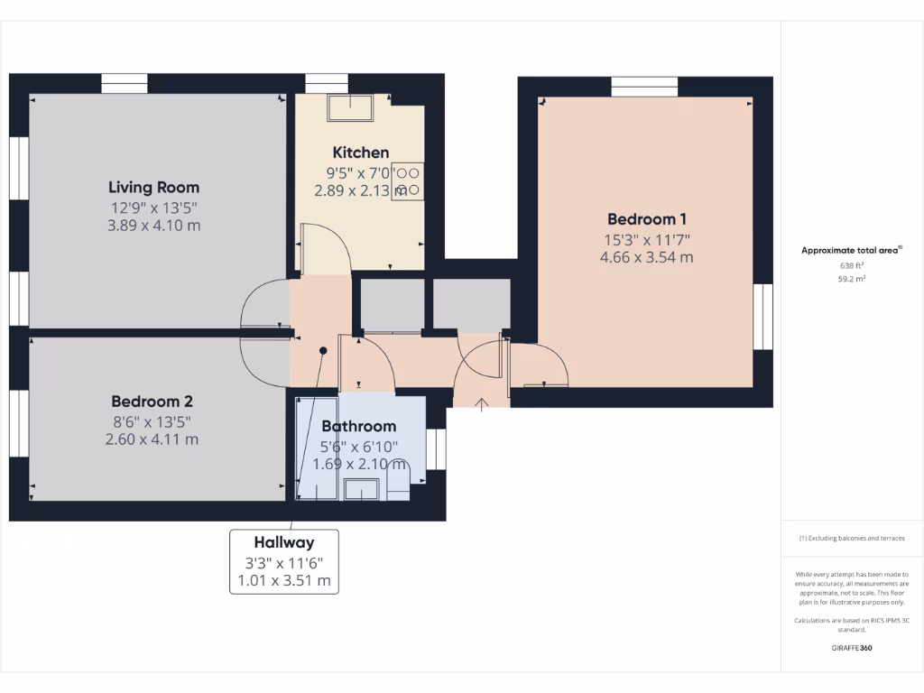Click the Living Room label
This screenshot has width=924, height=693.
click(153, 188)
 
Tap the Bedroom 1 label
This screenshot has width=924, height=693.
click(647, 218)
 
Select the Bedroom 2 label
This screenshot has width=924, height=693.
click(152, 402)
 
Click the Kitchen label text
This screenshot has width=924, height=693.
click(361, 152)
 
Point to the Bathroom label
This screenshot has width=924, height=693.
click(358, 426)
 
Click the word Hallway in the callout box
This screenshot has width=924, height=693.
click(283, 542)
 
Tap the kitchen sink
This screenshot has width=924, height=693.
click(352, 106)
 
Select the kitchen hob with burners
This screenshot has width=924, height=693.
click(407, 181)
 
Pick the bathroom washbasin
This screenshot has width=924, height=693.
click(364, 490)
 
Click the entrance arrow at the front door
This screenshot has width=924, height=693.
click(480, 403)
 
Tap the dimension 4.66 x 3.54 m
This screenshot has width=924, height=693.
click(646, 258)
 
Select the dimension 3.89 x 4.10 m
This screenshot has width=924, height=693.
click(153, 225)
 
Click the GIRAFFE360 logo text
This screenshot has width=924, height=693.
click(852, 648)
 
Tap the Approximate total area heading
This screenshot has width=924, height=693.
click(851, 250)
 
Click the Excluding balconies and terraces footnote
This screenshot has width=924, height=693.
click(852, 538)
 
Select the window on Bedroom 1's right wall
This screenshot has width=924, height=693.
click(763, 316)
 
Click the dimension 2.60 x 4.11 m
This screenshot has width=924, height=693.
click(152, 439)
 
